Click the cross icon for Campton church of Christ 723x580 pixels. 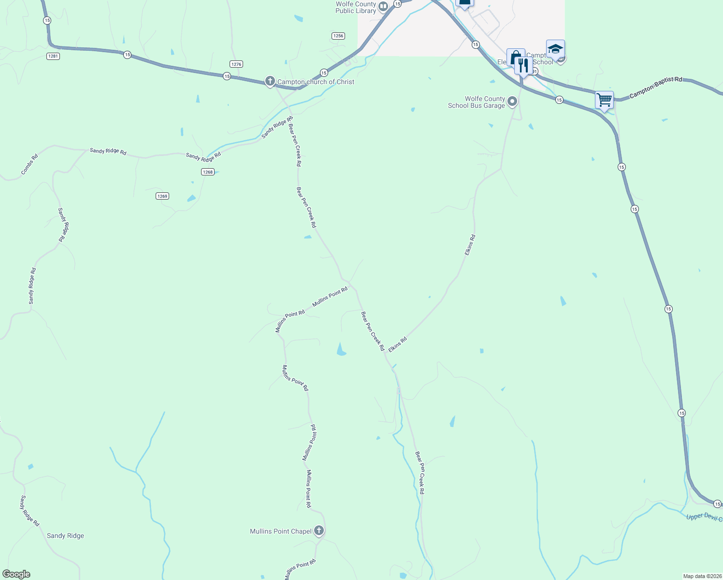270,81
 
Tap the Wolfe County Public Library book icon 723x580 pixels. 383,6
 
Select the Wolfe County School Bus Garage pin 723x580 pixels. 512,101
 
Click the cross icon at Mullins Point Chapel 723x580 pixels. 319,531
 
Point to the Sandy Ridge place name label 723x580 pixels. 65,536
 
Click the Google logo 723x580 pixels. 16,574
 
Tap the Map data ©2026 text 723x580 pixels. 702,576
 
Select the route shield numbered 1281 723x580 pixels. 53,56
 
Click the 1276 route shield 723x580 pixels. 236,64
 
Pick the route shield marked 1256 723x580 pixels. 338,36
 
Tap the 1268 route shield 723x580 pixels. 208,172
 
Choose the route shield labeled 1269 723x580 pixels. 162,196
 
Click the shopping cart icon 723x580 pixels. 604,101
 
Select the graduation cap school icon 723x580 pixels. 555,49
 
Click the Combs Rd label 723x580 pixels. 29,164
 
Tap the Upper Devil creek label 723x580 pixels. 704,517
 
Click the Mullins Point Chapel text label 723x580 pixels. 281,531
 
